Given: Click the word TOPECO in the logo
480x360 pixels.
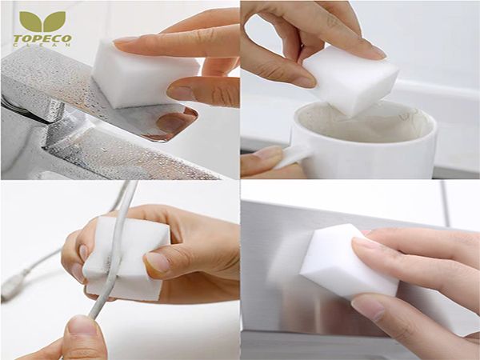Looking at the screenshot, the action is point(42,38).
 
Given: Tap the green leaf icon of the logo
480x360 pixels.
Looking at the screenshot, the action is point(42,22).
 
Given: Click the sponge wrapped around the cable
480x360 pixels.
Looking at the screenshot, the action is point(126,258).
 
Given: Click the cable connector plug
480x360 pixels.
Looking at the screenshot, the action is point(13,286).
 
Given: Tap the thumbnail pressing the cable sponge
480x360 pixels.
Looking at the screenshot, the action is point(157,261).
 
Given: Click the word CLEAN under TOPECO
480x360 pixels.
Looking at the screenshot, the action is point(42,45).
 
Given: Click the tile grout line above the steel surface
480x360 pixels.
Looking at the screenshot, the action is point(445,203).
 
